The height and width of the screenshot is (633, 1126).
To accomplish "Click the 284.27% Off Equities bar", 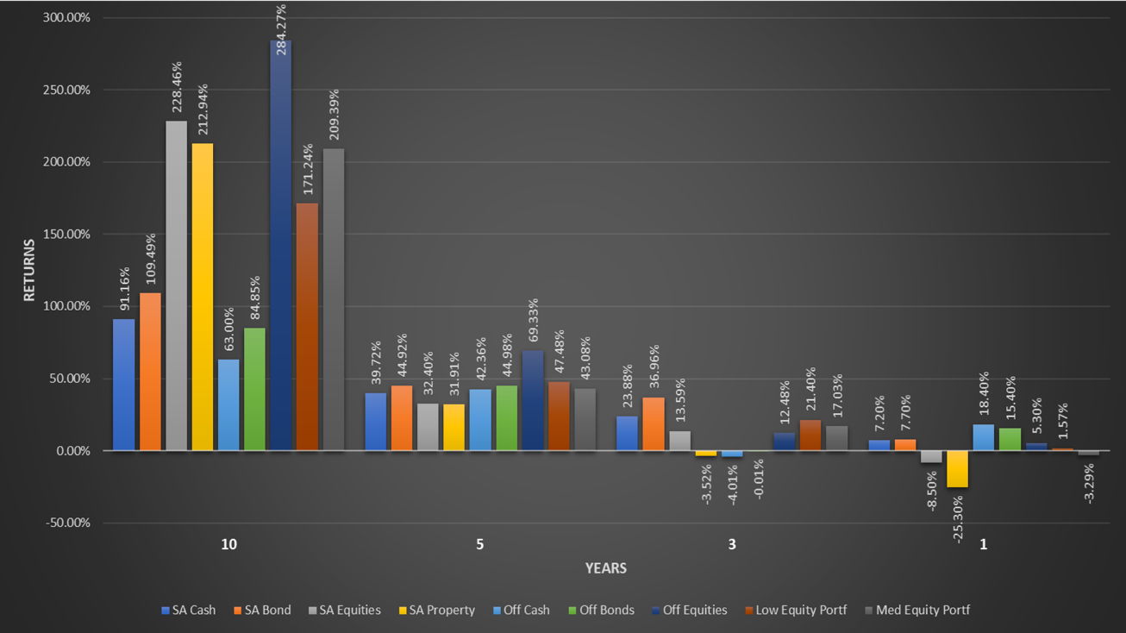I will tap(280, 245).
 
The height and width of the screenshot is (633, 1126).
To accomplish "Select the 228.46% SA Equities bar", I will tap(176, 285).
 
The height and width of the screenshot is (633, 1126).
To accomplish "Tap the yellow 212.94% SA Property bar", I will tap(202, 297).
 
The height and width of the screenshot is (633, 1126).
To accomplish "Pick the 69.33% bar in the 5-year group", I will tap(533, 400).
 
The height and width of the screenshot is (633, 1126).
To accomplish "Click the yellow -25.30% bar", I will tap(957, 469).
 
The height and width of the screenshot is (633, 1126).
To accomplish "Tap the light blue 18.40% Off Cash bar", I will tap(983, 437).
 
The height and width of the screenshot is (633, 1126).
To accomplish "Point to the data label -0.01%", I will tap(759, 479).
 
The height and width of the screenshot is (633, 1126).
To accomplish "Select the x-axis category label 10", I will tap(228, 545).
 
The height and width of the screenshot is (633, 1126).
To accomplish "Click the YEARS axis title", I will tap(606, 568).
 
